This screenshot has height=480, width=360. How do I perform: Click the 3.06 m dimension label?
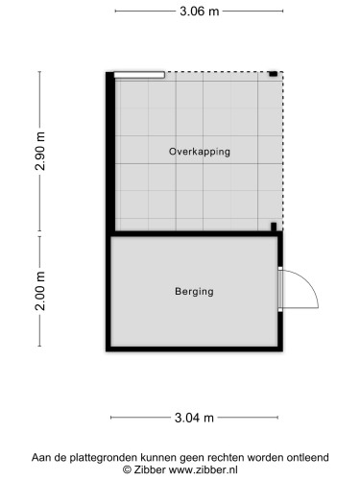199,12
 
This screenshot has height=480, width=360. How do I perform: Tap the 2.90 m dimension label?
40,151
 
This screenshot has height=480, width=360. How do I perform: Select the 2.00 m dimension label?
40,291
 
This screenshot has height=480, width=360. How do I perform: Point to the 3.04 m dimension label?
194,418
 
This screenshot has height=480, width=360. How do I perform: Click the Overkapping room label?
200,152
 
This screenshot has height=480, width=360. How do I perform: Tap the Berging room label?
194,291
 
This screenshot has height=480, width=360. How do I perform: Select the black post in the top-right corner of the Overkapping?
273,74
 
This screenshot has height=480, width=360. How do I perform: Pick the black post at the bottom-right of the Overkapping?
274,227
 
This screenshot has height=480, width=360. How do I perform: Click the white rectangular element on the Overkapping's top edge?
139,75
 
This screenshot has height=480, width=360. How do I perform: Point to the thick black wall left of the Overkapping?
110,152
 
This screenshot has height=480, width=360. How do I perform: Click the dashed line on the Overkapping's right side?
283,151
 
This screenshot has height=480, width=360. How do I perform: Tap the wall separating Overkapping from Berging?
194,233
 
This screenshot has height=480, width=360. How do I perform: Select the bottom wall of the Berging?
194,348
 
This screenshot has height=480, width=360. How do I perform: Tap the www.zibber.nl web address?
203,469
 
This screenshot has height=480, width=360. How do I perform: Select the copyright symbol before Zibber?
127,469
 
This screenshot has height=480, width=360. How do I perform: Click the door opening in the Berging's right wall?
280,289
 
